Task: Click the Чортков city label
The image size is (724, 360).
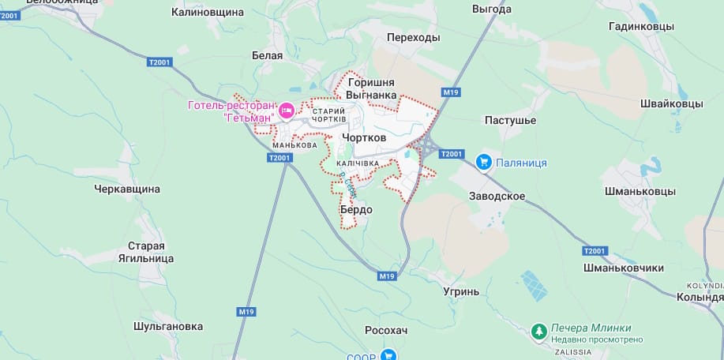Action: point(364,137)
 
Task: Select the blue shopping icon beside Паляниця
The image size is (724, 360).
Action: point(484,163)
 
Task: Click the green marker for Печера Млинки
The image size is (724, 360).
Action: point(538,330)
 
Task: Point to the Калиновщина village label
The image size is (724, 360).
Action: point(208,13)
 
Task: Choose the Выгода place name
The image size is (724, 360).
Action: point(492,9)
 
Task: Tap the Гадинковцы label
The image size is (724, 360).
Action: point(641,26)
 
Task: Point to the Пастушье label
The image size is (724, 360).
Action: point(510,120)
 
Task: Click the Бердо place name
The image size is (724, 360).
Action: point(355,210)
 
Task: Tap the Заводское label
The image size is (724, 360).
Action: point(497,195)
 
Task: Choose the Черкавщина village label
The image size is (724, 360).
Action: point(127,189)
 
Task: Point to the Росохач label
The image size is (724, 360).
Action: point(386,330)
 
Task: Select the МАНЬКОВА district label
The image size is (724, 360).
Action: point(294,145)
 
